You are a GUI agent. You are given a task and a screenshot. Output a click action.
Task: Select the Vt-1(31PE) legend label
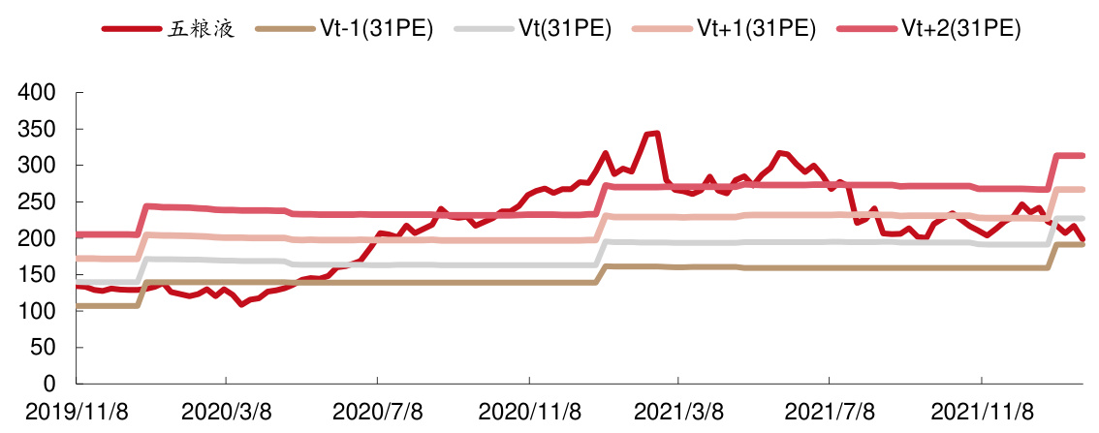pyautogui.click(x=376, y=28)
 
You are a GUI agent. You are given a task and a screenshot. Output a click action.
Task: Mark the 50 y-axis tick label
pyautogui.click(x=45, y=348)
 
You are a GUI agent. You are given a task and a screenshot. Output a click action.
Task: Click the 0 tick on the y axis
pyautogui.click(x=50, y=385)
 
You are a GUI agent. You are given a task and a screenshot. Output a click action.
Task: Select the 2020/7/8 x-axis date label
pyautogui.click(x=378, y=411)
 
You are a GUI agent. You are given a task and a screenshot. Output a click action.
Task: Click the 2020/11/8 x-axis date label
pyautogui.click(x=532, y=411)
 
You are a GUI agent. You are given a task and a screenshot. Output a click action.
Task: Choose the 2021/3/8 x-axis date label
pyautogui.click(x=680, y=411)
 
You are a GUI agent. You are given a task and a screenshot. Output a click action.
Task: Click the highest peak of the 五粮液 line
pyautogui.click(x=656, y=134)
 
